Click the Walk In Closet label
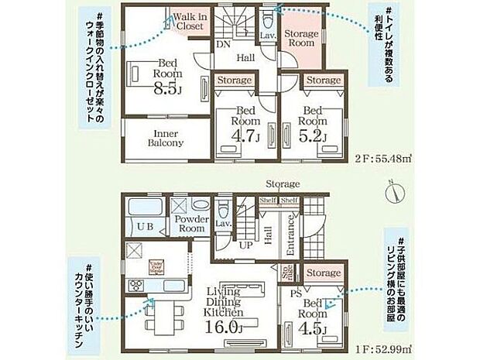click(x=189, y=21)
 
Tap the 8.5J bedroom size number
click(x=167, y=88)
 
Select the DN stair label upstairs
click(x=221, y=44)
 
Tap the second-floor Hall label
click(x=246, y=57)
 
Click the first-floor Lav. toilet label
click(x=225, y=224)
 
